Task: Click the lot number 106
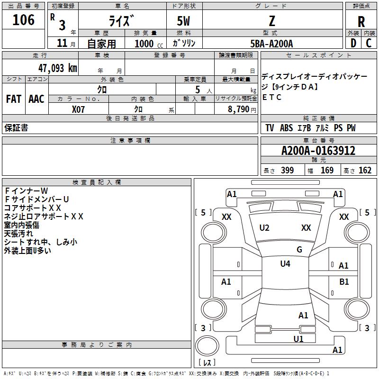click(24, 20)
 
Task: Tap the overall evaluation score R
click(361, 21)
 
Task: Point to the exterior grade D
click(353, 43)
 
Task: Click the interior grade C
click(369, 43)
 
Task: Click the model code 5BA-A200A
click(272, 44)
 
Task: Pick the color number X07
click(79, 109)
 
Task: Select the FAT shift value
click(13, 99)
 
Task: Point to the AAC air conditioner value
click(36, 99)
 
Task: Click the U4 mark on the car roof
click(285, 264)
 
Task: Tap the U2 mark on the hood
click(264, 228)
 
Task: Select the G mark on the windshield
click(299, 249)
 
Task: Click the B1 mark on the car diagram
click(344, 282)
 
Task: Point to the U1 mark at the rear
click(298, 339)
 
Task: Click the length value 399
click(287, 171)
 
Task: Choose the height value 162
click(365, 171)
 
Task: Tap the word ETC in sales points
click(272, 98)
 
